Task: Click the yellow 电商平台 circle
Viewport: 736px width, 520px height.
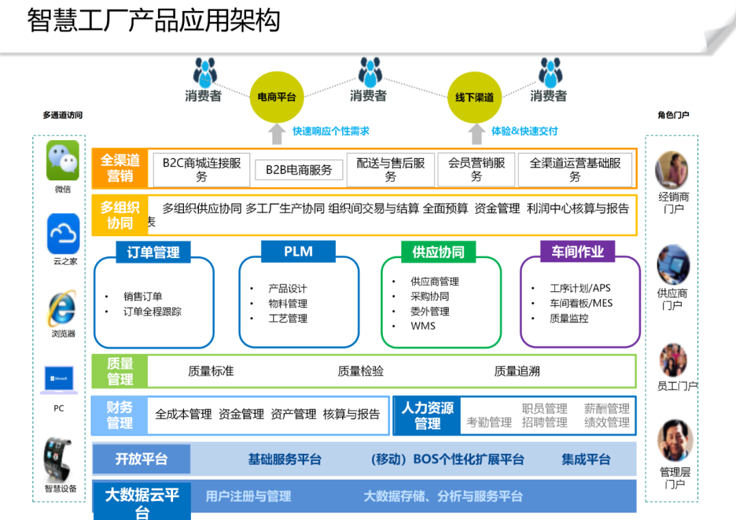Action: pos(277,97)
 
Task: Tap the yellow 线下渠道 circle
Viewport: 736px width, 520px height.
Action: pos(474,97)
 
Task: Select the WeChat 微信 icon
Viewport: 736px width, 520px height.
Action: pos(63,161)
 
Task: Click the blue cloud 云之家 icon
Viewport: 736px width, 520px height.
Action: pos(63,233)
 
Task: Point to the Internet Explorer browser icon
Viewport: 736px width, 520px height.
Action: pos(63,308)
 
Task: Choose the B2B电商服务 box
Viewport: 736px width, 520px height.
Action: pos(299,169)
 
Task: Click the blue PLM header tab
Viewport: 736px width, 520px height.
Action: pos(298,251)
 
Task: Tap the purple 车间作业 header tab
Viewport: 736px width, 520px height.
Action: pos(577,251)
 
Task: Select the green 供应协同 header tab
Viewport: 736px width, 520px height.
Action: pos(438,252)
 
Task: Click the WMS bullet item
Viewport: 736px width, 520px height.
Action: pos(423,326)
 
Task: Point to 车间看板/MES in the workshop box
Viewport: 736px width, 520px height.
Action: pos(581,304)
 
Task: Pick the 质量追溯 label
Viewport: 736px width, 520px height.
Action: pos(517,372)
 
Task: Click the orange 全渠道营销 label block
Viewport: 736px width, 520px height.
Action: pos(120,168)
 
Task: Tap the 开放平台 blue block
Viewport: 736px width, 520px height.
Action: pos(141,459)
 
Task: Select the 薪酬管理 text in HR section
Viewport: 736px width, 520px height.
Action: pos(607,408)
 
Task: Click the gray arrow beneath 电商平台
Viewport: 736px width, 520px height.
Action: pos(277,133)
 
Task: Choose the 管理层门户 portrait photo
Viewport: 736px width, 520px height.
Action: pos(675,440)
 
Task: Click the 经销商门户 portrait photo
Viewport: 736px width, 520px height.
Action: pos(672,170)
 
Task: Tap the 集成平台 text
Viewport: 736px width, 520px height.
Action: pos(586,459)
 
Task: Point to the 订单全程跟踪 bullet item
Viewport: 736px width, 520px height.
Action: pos(152,312)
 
